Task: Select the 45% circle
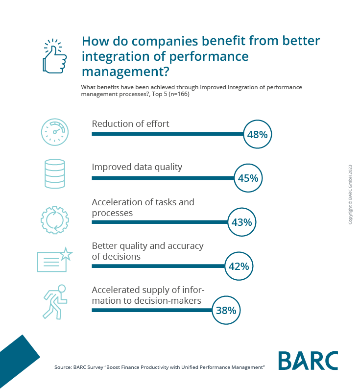pos(248,178)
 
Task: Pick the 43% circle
pos(241,222)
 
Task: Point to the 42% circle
pos(239,267)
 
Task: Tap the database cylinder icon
pos(54,174)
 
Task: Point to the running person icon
pos(54,301)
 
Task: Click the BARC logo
pos(308,361)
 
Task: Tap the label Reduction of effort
pos(130,123)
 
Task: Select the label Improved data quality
pos(137,167)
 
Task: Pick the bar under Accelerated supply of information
pos(152,310)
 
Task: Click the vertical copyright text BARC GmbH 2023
pos(350,194)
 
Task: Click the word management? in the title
pos(125,72)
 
